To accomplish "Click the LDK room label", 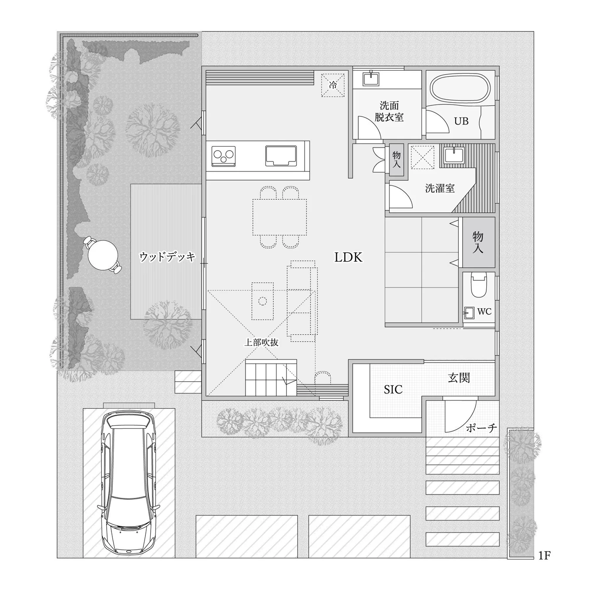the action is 348,257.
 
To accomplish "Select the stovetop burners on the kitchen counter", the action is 223,156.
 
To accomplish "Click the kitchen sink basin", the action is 281,156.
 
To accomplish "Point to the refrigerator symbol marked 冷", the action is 333,85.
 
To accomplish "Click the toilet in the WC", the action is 479,286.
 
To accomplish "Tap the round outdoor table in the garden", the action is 103,254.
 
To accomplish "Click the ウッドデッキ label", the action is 168,256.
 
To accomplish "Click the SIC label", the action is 393,390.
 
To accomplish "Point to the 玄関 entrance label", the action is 459,377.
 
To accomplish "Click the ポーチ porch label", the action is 481,428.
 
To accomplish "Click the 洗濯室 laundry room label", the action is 440,188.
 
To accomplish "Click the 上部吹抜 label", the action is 261,343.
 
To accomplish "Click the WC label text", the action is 484,312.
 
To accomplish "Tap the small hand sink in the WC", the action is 469,313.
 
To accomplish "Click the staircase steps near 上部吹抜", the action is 271,377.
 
